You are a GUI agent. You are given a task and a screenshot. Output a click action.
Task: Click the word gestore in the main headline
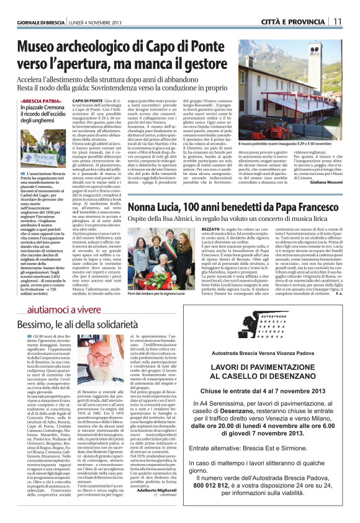(200, 63)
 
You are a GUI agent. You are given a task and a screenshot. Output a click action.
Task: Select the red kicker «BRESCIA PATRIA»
(41, 100)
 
